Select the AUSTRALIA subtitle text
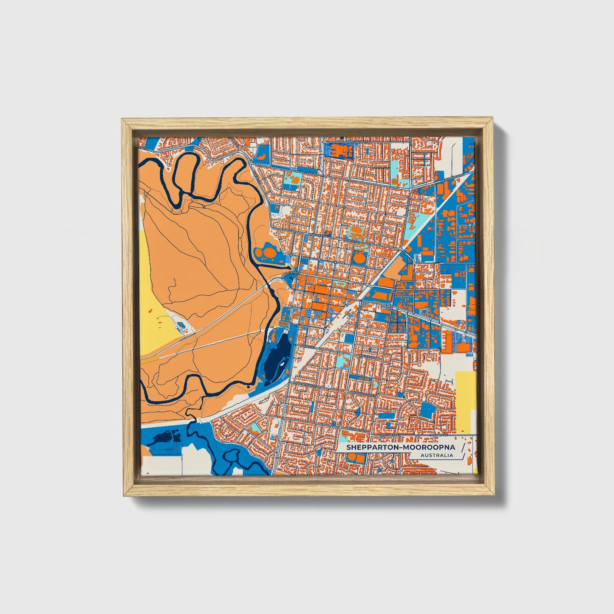[436, 456]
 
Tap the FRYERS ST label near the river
[289, 273]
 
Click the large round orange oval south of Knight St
[359, 257]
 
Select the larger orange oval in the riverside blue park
[269, 254]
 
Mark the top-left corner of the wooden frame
[123, 120]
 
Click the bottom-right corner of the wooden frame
[494, 495]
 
